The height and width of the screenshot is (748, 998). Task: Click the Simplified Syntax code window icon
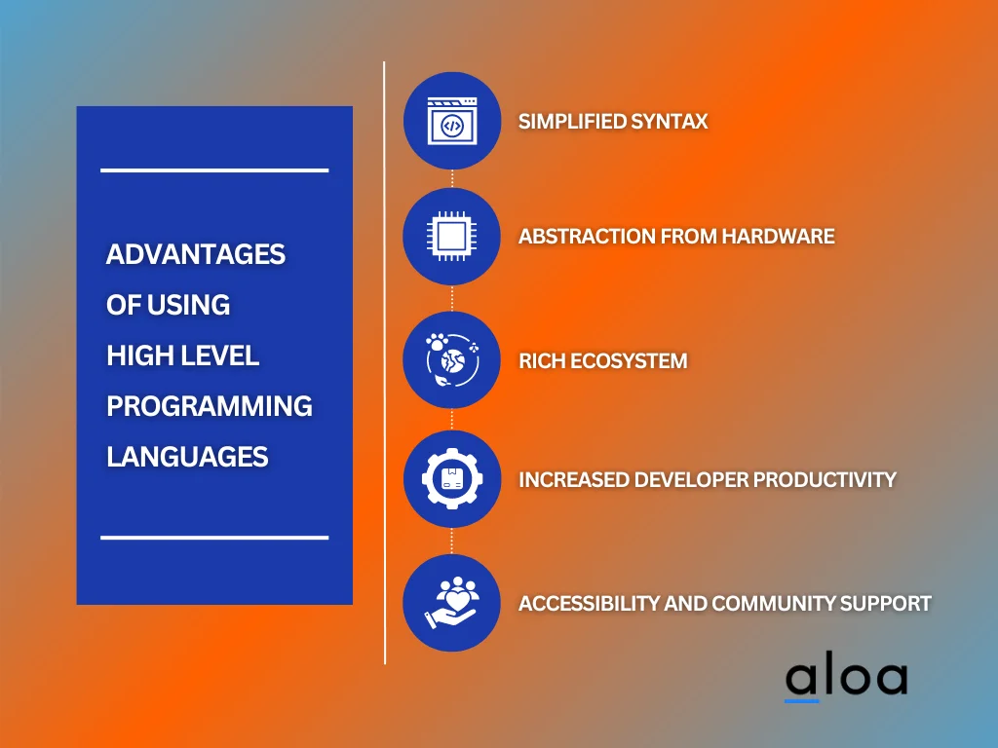[451, 121]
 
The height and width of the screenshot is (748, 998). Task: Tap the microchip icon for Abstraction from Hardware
[451, 237]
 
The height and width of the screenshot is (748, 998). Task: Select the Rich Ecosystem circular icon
[451, 360]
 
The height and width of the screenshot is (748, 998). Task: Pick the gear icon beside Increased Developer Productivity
[451, 479]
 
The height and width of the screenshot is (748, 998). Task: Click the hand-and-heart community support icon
[451, 603]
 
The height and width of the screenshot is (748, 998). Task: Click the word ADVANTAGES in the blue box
[195, 254]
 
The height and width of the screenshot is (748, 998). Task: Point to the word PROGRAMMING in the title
[209, 405]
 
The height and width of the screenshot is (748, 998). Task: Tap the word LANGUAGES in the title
[186, 456]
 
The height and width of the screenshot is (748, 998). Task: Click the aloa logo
[845, 678]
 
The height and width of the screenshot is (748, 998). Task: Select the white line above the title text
[214, 170]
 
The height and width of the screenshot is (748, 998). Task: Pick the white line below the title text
[214, 537]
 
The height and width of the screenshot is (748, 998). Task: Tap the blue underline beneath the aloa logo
[802, 700]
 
